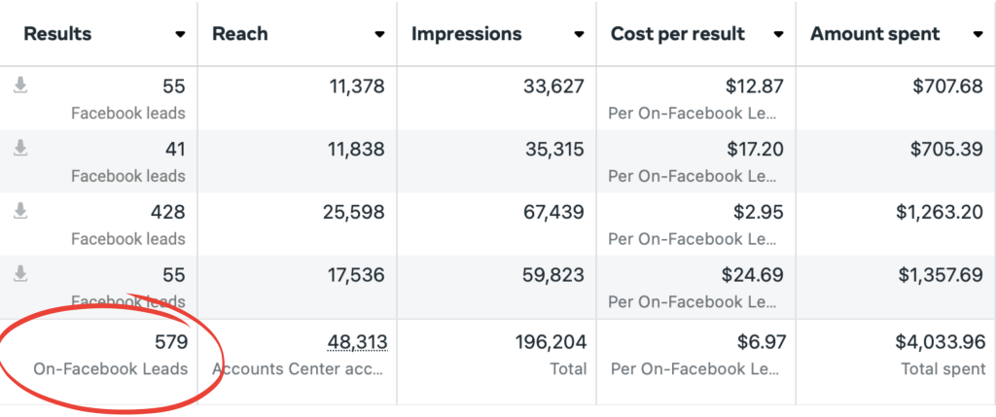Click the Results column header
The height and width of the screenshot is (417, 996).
pos(57,34)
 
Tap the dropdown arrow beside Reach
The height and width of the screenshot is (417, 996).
pos(379,34)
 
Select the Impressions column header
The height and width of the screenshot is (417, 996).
pos(466,34)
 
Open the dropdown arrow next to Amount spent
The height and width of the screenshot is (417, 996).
pos(977,34)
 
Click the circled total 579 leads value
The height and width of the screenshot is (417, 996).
pos(170,342)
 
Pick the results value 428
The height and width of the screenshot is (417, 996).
pos(168,212)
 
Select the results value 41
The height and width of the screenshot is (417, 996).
pos(174,150)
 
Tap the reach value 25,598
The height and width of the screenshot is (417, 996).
pos(351,212)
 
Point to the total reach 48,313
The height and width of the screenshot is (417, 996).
pos(357,342)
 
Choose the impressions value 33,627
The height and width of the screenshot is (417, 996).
pos(551,87)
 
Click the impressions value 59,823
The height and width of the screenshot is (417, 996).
pos(551,274)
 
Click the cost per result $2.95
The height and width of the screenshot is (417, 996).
pos(756,212)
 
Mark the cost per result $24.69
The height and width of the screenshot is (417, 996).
pos(751,274)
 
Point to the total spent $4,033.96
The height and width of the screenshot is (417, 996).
pos(940,342)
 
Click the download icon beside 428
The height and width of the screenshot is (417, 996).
pos(20,211)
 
